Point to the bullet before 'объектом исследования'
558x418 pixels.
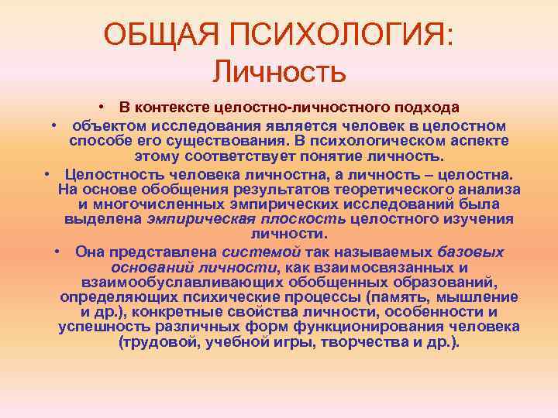pyautogui.click(x=57, y=125)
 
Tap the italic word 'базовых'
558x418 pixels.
pyautogui.click(x=471, y=252)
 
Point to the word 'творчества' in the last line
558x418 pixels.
pyautogui.click(x=351, y=341)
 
